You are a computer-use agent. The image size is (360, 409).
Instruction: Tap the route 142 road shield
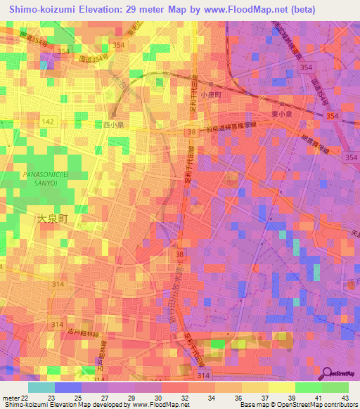48,122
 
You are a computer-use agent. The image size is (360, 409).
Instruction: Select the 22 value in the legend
25,397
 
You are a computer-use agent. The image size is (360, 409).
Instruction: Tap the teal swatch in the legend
41,387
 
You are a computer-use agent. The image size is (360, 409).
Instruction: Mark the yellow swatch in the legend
281,387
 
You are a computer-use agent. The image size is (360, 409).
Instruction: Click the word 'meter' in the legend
10,397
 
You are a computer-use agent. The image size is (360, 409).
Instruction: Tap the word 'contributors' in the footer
341,405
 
